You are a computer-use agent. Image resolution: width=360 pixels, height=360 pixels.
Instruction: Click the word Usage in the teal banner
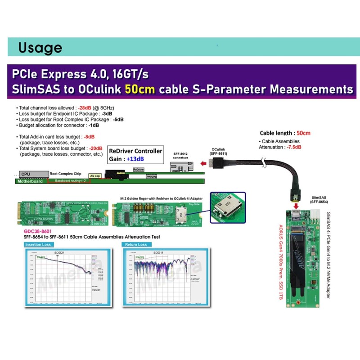tap(40, 48)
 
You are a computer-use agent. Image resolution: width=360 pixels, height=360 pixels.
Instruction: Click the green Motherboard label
tap(30, 181)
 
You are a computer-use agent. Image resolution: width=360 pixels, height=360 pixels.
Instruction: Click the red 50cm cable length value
tap(303, 133)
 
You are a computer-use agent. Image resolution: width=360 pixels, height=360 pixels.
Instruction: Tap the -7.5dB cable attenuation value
tap(292, 147)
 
